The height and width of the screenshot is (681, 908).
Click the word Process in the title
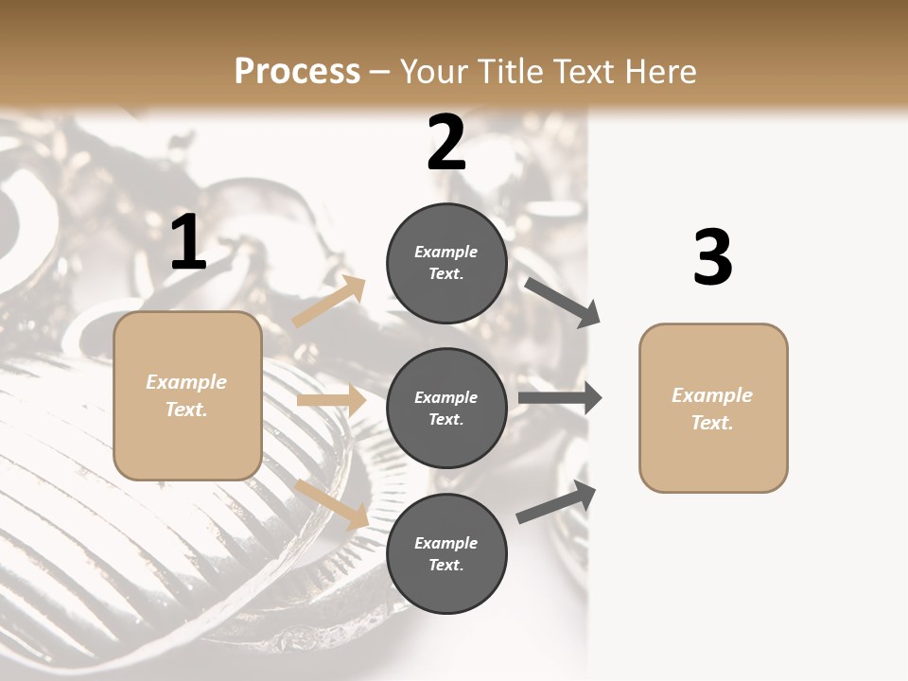[x=297, y=71]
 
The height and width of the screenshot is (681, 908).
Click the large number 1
[x=188, y=243]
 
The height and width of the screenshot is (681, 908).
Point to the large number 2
[x=446, y=143]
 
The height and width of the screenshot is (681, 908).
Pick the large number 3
[x=712, y=258]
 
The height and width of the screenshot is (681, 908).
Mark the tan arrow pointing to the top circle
[x=329, y=302]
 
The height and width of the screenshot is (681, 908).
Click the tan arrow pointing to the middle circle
[x=331, y=400]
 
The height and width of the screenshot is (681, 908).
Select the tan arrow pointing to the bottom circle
[x=332, y=504]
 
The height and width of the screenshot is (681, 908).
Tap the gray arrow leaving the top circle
[x=562, y=302]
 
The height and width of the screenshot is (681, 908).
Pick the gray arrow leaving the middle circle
[x=559, y=398]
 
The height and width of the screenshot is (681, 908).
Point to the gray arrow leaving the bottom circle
[x=556, y=502]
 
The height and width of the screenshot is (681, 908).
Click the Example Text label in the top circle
[x=446, y=263]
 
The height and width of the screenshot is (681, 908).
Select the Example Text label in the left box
[x=186, y=395]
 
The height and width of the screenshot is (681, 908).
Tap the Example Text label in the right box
[x=712, y=409]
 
